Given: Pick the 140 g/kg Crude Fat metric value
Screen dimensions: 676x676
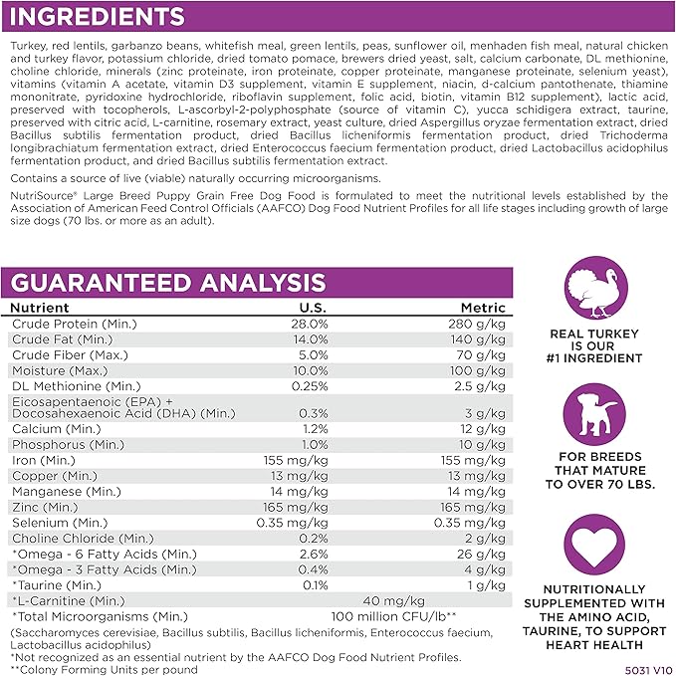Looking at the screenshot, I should [483, 339].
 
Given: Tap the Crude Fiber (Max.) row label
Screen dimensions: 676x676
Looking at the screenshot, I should [66, 354].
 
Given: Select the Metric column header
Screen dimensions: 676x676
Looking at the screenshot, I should [483, 309].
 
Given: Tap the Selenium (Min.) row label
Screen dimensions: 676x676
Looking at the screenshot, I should [61, 522].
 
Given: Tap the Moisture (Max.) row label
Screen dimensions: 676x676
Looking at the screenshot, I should [61, 369].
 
